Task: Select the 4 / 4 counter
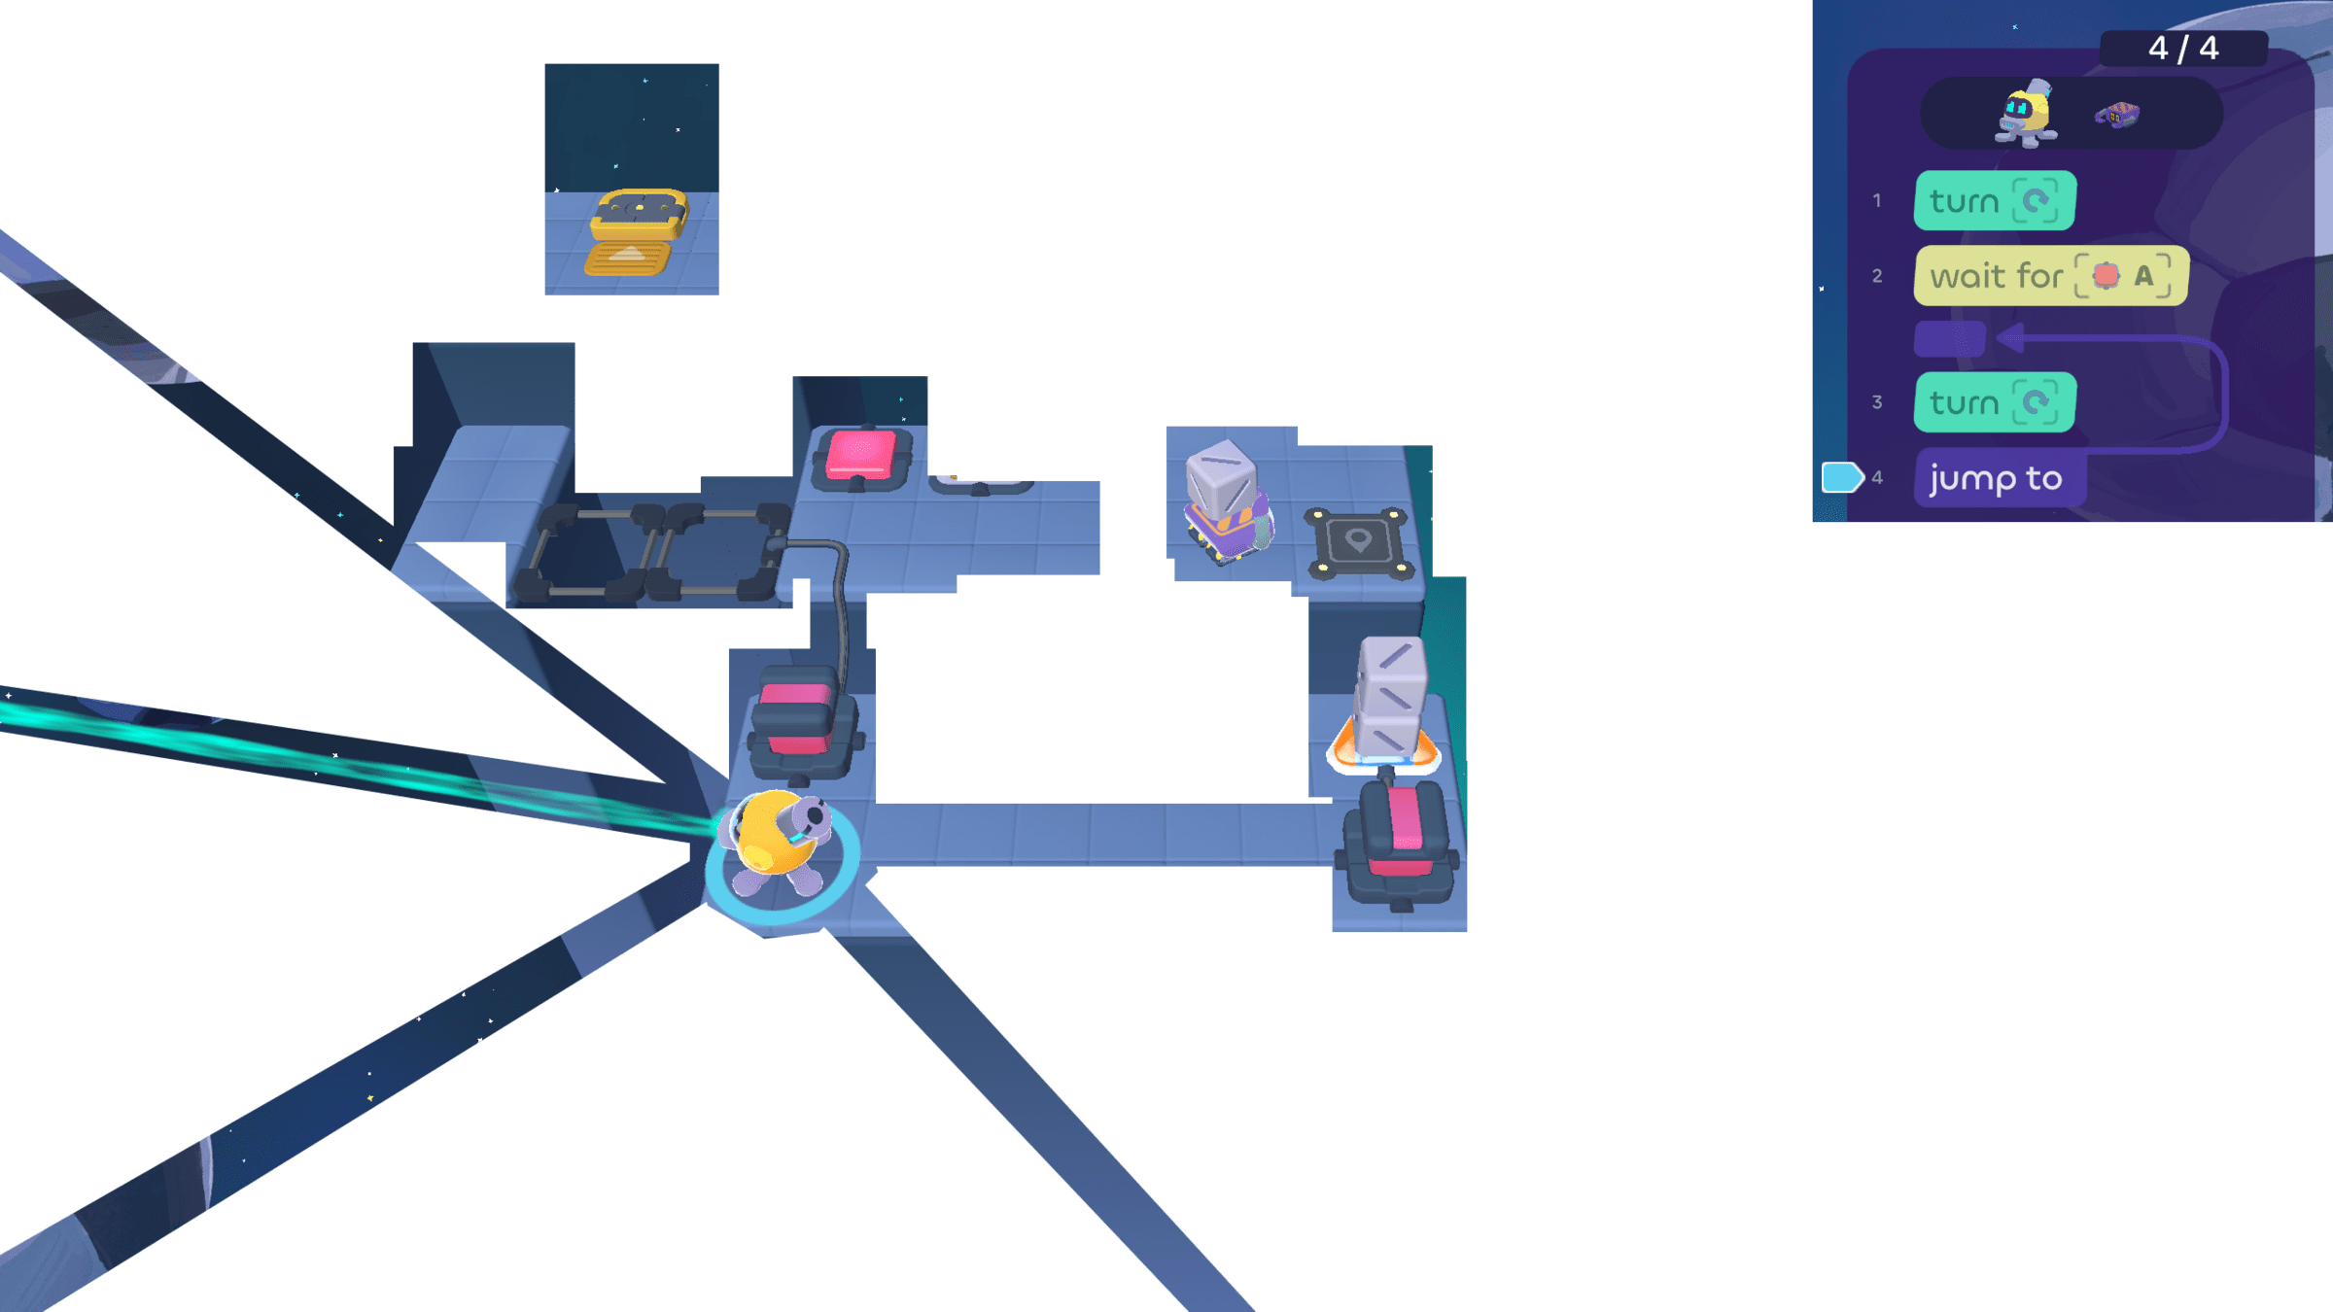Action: point(2182,48)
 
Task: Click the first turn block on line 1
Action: point(1994,201)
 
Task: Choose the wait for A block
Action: point(2049,276)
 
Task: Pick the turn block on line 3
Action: point(1994,402)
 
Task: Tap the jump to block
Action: point(1997,478)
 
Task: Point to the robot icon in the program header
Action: point(2026,114)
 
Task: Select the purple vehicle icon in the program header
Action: point(2117,116)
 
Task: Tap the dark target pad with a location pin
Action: point(1359,542)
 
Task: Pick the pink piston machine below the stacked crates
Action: point(1400,841)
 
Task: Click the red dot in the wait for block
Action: point(2106,276)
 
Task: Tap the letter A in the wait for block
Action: point(2143,276)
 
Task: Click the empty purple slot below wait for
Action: point(1949,339)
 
